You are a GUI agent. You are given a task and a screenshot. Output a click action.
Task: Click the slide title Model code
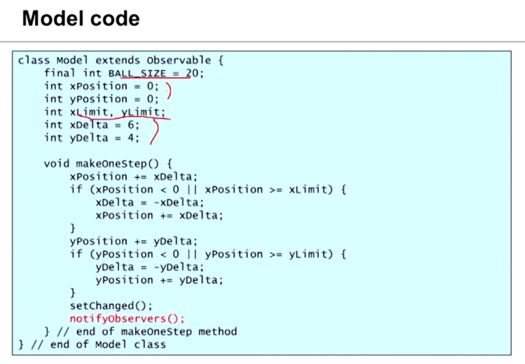point(81,19)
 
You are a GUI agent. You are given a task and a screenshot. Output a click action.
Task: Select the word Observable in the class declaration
point(179,61)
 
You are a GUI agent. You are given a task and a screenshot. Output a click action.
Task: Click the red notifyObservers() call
point(127,319)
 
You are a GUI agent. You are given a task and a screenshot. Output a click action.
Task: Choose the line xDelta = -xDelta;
point(149,202)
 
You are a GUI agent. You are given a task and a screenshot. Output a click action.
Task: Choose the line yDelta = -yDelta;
point(149,267)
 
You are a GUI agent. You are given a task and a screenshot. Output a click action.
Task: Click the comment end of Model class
point(108,344)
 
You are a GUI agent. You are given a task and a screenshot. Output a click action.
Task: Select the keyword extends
point(117,61)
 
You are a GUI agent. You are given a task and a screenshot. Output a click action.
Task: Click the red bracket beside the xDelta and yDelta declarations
point(156,131)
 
